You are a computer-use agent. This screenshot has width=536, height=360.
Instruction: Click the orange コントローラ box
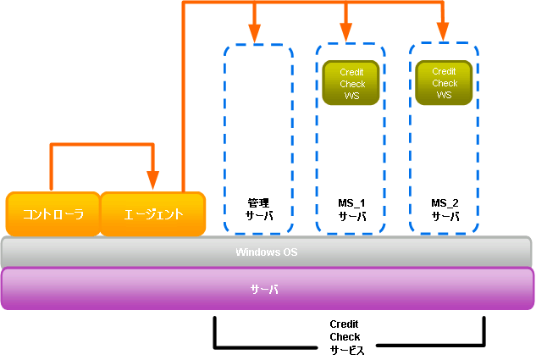click(x=53, y=214)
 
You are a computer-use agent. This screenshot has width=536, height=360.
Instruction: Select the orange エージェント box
click(x=153, y=214)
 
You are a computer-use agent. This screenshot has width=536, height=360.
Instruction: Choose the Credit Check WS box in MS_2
click(x=445, y=83)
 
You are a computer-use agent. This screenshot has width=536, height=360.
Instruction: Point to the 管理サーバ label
click(x=258, y=209)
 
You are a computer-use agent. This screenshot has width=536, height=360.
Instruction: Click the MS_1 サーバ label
click(x=351, y=209)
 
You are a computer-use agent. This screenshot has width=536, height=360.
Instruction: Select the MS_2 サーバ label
click(x=445, y=209)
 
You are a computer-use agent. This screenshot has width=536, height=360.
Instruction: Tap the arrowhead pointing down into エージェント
click(x=153, y=180)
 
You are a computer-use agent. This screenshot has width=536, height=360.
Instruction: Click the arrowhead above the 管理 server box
click(x=254, y=33)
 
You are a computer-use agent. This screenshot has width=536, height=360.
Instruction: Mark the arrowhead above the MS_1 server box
click(x=346, y=33)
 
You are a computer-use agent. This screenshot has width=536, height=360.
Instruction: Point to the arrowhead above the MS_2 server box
click(x=442, y=33)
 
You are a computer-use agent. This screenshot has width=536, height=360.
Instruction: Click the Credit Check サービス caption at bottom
click(x=345, y=337)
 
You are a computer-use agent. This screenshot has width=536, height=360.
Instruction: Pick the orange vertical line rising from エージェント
click(x=184, y=102)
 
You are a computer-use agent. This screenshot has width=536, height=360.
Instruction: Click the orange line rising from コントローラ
click(x=52, y=169)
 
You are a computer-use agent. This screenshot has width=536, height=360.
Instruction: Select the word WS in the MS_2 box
click(x=445, y=95)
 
